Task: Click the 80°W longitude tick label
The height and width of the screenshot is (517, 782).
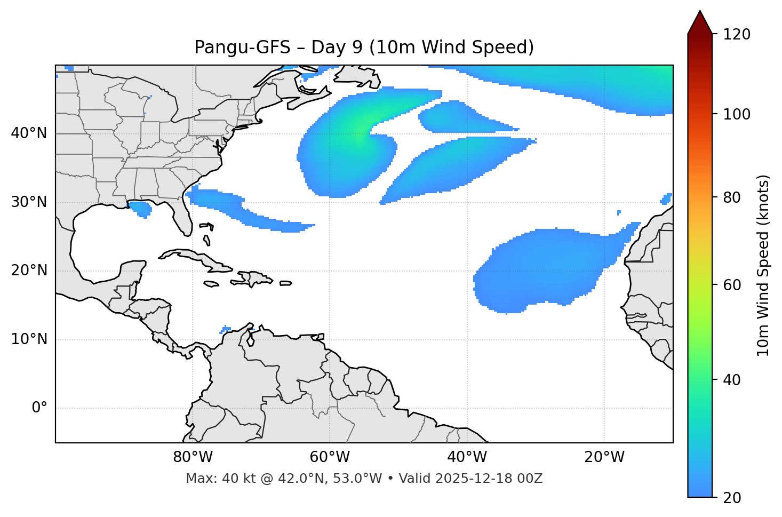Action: [x=193, y=458]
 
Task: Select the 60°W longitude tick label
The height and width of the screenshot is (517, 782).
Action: [x=329, y=458]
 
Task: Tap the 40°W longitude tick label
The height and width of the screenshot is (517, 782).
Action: [x=467, y=458]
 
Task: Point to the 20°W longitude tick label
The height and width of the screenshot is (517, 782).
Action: [x=604, y=458]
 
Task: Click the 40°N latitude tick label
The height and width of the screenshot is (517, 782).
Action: [x=29, y=133]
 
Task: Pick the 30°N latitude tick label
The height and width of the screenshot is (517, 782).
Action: [x=29, y=202]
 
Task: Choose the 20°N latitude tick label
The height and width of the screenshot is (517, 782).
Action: [x=29, y=271]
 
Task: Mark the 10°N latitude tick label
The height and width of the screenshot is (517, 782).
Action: [x=29, y=339]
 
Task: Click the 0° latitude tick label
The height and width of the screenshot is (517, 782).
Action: [x=39, y=408]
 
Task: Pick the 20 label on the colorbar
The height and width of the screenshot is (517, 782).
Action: [x=731, y=498]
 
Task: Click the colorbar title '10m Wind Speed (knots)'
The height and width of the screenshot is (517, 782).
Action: [x=763, y=265]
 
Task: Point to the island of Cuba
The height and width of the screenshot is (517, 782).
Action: [x=195, y=258]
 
